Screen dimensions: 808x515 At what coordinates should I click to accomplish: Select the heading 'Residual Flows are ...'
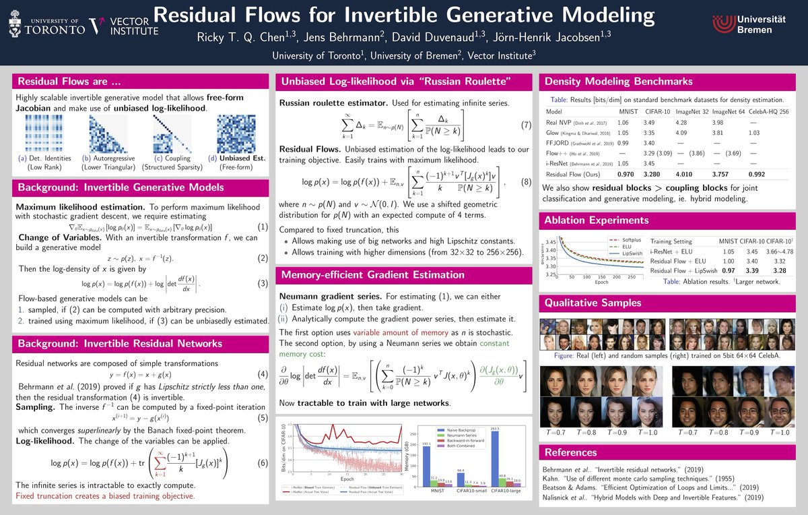pos(69,82)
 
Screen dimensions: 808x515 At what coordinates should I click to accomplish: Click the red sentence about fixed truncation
pos(105,496)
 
